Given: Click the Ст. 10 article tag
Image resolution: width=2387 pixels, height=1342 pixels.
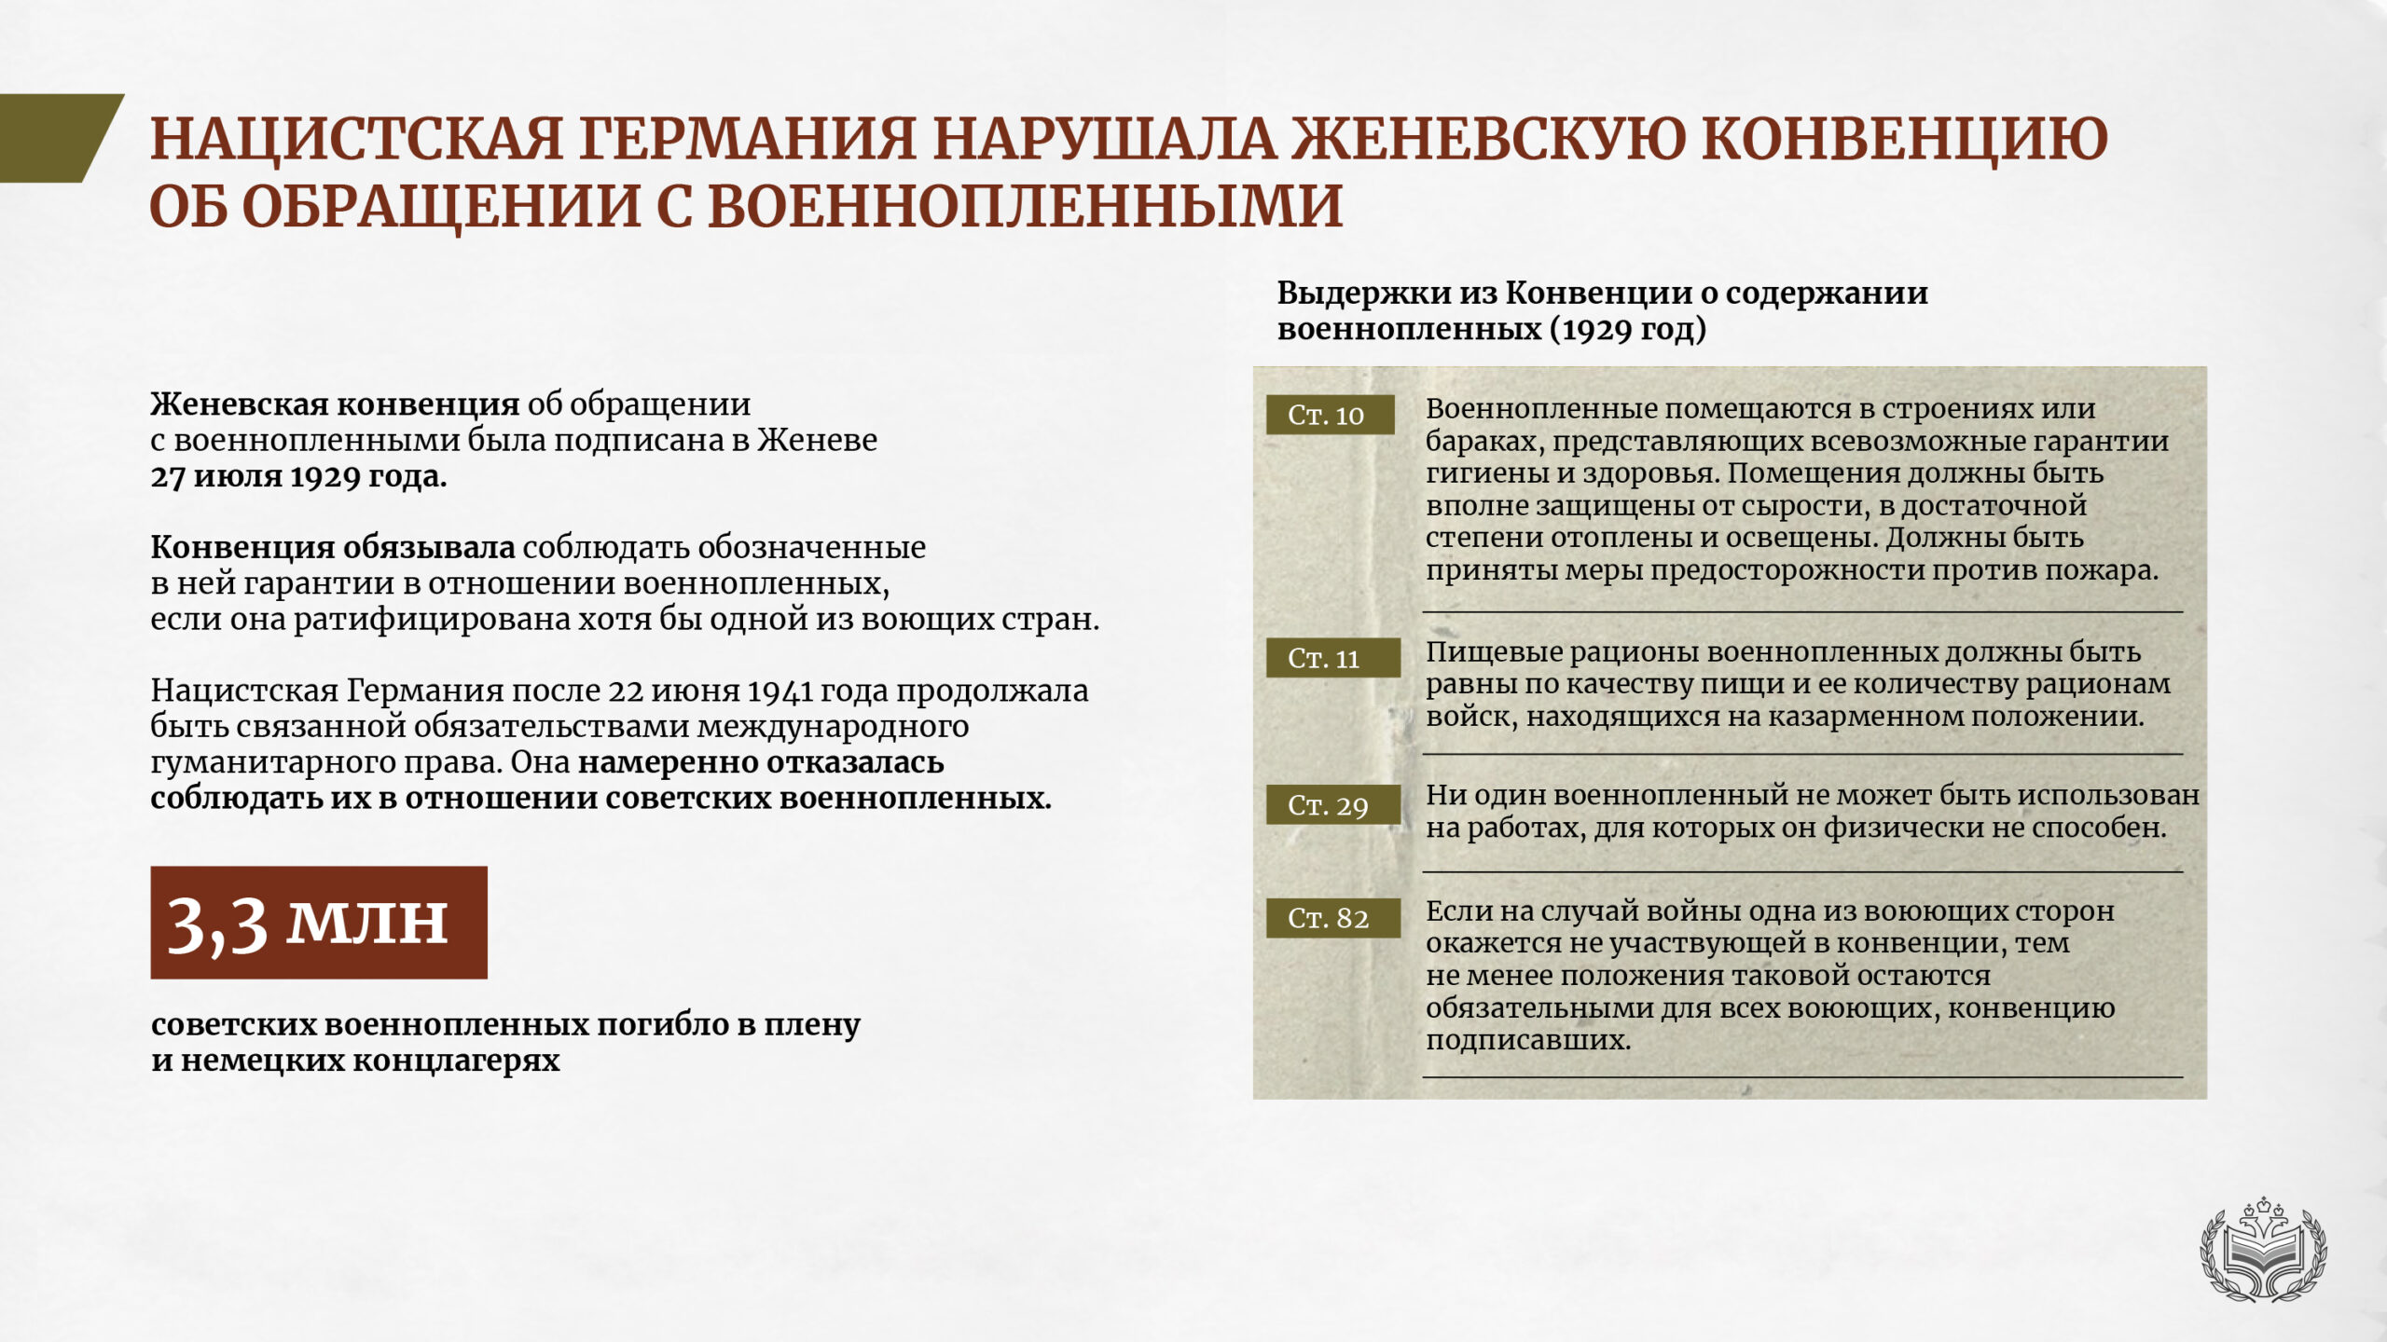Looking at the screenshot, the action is click(1330, 415).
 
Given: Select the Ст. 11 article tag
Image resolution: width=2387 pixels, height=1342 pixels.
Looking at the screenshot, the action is click(1332, 658).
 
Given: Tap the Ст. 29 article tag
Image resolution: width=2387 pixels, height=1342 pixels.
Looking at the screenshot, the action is click(1332, 805).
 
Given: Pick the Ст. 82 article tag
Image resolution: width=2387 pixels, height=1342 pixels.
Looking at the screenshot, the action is click(1332, 918).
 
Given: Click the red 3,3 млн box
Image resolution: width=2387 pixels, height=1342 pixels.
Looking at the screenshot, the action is click(319, 923).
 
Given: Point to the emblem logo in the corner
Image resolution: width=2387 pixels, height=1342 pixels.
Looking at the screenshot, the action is click(2263, 1250).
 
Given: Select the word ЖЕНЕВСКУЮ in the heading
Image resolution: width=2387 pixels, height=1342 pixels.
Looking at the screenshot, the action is click(1488, 139).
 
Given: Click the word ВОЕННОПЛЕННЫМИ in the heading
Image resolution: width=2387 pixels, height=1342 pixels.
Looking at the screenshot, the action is click(1025, 206).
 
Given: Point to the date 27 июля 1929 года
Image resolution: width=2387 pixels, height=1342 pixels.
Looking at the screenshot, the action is click(298, 477).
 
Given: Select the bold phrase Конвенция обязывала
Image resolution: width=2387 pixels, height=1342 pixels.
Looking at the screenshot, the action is click(333, 548).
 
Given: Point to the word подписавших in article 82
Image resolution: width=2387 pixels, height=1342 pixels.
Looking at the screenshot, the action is click(1528, 1040).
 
